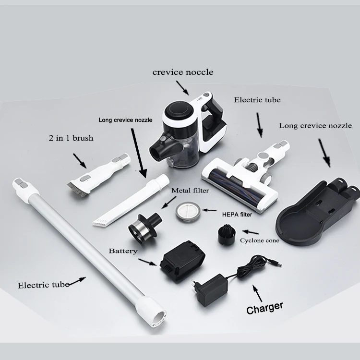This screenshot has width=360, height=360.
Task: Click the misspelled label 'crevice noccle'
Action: (x=182, y=72)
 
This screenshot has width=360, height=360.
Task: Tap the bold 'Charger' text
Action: (x=264, y=307)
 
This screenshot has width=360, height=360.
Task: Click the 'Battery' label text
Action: (x=123, y=251)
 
